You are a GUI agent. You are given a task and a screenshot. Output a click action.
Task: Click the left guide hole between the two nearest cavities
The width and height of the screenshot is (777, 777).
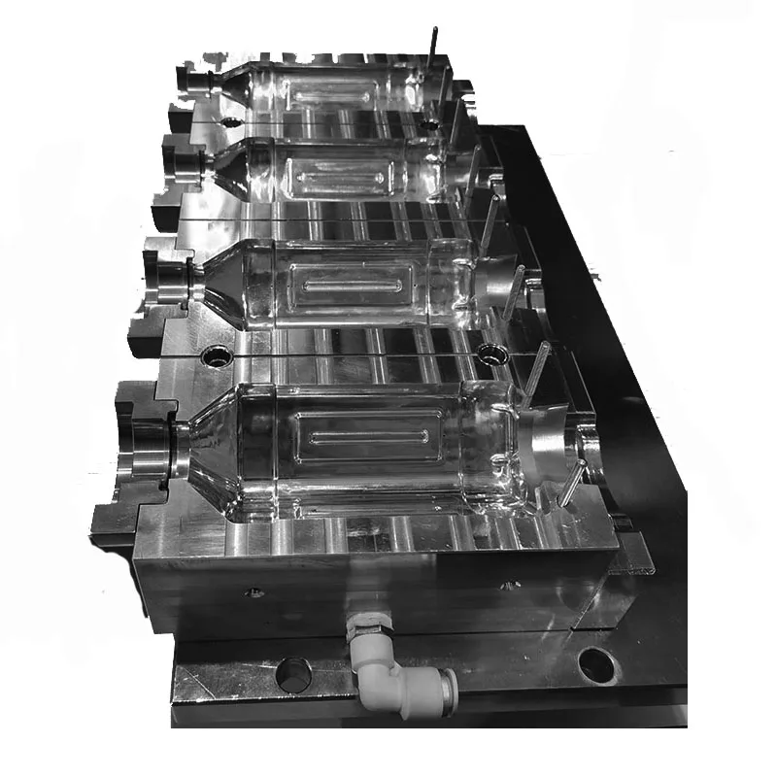pos(216,356)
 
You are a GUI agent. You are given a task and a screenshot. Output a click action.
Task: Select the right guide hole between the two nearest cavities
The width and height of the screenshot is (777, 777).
pos(488,350)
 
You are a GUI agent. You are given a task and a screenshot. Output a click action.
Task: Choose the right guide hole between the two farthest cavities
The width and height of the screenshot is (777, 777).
pos(428,123)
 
